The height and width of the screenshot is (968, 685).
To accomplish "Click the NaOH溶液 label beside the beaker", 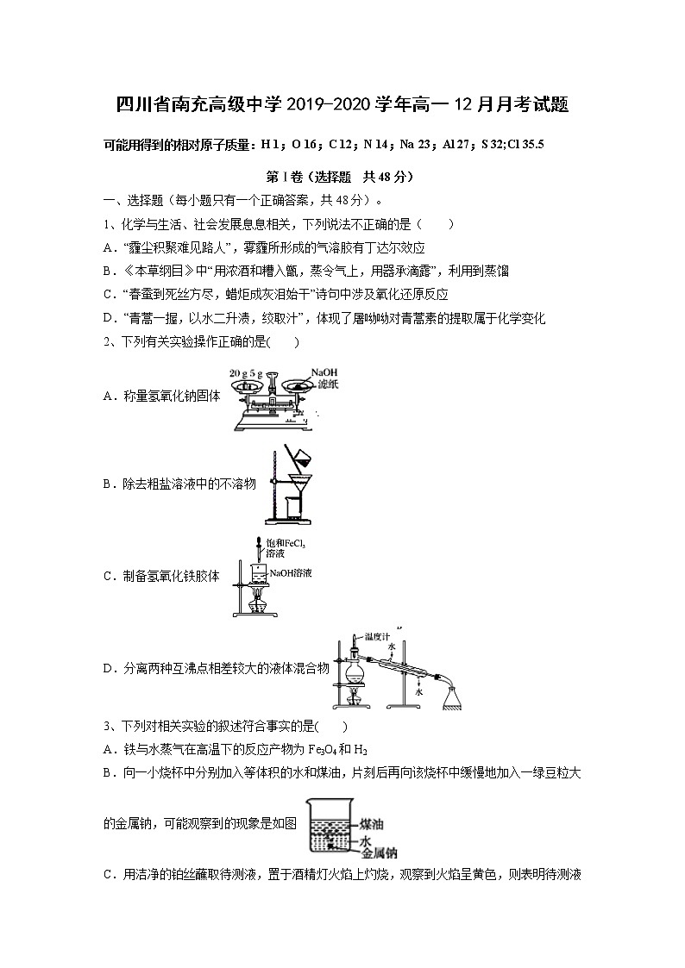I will point(292,572).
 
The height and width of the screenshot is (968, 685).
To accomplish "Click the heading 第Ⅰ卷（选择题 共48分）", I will point(341,177).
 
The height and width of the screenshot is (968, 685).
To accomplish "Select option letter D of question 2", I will point(109,667).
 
